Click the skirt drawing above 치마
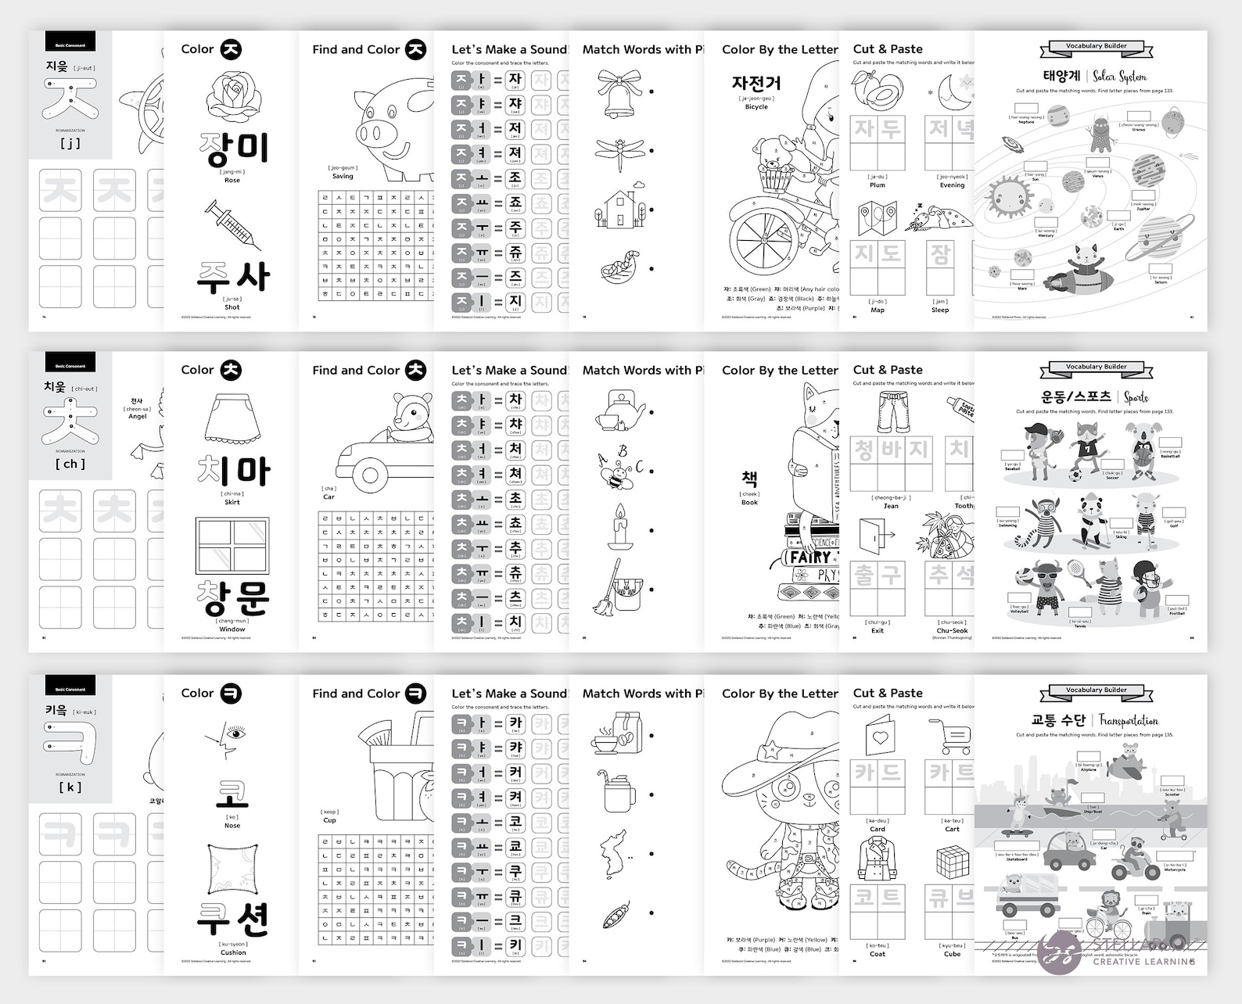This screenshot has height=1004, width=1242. click(x=232, y=420)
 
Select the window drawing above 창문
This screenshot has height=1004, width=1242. click(x=232, y=545)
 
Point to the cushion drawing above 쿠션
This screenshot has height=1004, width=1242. click(x=232, y=869)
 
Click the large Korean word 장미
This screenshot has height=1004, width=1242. click(x=233, y=149)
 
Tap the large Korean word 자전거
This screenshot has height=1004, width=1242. click(x=756, y=83)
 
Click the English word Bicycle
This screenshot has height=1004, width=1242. click(x=756, y=107)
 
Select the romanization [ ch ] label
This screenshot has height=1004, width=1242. click(x=70, y=464)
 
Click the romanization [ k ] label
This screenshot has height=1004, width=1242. click(x=70, y=787)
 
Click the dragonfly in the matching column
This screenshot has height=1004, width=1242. click(x=619, y=152)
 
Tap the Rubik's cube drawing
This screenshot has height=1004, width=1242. click(x=953, y=862)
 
